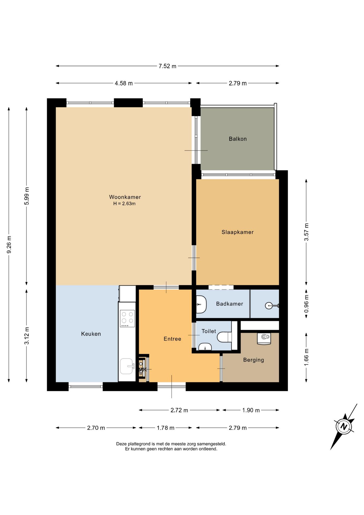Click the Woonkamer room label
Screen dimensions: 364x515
pos(125,197)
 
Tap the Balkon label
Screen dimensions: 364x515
pos(238,139)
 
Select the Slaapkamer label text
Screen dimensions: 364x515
pos(237,232)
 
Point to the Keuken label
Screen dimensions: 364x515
pos(91,334)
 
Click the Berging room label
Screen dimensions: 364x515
pos(254,360)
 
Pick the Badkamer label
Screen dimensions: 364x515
pos(229,304)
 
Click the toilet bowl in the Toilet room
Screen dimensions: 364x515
pos(224,337)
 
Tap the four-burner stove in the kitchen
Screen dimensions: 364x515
pos(127,318)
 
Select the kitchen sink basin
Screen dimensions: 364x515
pos(127,366)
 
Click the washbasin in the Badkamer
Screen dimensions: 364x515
pos(201,304)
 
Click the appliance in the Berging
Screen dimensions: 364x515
pos(264,339)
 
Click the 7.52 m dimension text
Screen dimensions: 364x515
pos(168,66)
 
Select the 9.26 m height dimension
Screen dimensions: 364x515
pos(9,244)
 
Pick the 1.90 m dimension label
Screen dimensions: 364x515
pos(251,410)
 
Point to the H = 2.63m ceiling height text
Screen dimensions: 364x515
pos(124,204)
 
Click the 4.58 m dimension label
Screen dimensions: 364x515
pos(124,83)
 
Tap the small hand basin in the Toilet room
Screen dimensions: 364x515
pos(205,347)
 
